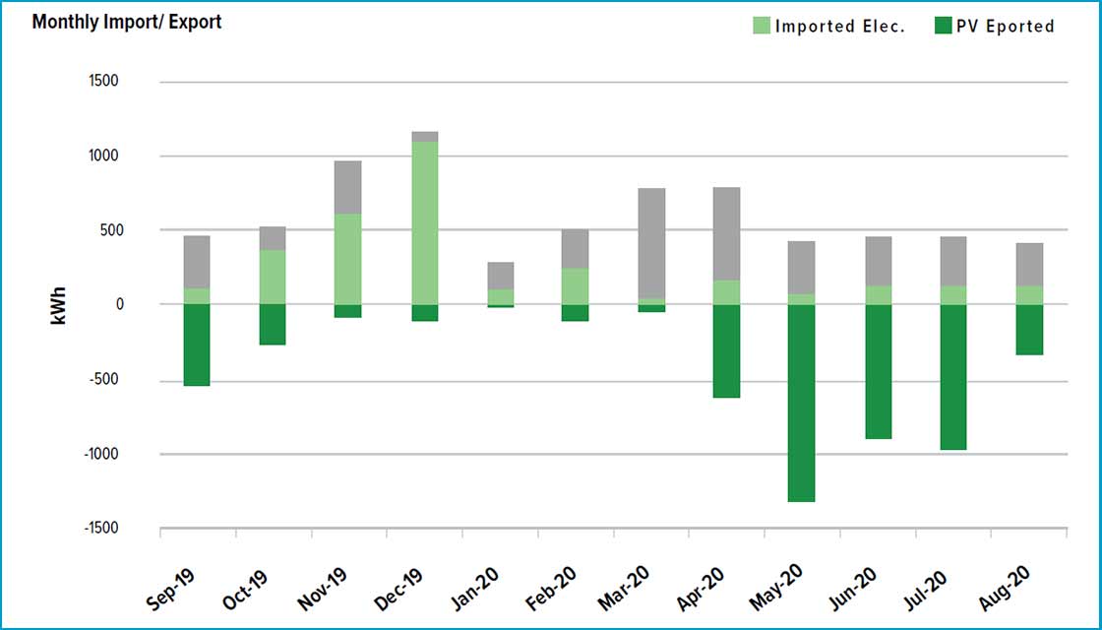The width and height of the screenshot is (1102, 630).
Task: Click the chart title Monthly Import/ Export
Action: tap(127, 22)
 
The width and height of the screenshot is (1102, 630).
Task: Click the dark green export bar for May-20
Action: tap(801, 403)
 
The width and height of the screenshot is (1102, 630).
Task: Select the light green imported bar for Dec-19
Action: tap(424, 222)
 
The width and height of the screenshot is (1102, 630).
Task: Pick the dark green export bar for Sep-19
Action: tap(197, 345)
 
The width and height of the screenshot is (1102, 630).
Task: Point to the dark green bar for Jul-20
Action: tap(951, 377)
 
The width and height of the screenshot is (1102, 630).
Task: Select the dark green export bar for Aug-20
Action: tap(1029, 330)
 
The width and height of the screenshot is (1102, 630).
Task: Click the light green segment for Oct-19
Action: tap(273, 277)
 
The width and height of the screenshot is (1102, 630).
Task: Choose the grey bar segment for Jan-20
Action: tap(500, 275)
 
